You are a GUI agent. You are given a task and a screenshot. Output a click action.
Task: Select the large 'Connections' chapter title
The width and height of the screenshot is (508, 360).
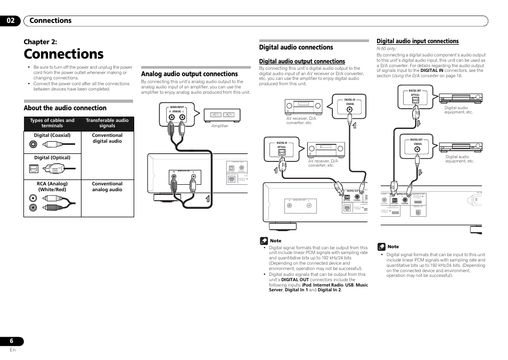[x=63, y=54]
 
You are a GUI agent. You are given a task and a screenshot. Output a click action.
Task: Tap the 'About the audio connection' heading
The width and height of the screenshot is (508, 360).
[x=65, y=108]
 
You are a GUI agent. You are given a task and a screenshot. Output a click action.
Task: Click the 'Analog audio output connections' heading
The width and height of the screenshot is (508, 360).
[x=189, y=74]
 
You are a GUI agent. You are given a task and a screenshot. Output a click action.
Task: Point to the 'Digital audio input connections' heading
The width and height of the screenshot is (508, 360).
[x=417, y=41]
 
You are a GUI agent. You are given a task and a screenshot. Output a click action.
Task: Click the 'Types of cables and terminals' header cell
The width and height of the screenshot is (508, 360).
[x=52, y=123]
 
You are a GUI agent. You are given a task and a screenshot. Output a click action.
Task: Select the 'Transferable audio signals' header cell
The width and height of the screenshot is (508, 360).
[x=107, y=123]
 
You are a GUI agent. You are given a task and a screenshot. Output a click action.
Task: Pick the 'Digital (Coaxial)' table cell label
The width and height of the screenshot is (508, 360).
[x=52, y=135]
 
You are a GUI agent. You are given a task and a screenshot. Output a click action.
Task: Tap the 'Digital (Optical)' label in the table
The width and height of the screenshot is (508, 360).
[x=52, y=158]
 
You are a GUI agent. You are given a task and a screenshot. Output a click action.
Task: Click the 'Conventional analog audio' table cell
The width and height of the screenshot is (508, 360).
[x=107, y=186]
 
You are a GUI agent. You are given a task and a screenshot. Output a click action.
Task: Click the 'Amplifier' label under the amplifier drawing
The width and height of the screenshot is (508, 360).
[x=219, y=126]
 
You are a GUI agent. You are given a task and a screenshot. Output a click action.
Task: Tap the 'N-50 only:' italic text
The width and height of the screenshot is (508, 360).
[x=387, y=48]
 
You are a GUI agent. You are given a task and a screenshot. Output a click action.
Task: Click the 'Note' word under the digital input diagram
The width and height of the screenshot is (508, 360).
[x=393, y=247]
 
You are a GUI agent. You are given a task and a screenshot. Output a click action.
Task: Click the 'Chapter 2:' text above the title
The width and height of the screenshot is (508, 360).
[x=40, y=42]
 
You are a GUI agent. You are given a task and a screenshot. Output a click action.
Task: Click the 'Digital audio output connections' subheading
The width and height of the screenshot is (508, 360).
[x=302, y=61]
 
